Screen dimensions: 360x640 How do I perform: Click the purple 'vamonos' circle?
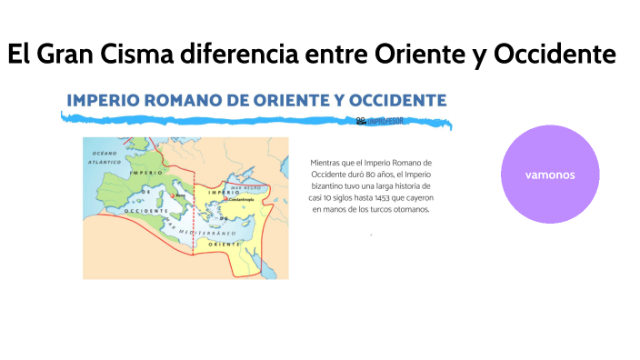(550, 174)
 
